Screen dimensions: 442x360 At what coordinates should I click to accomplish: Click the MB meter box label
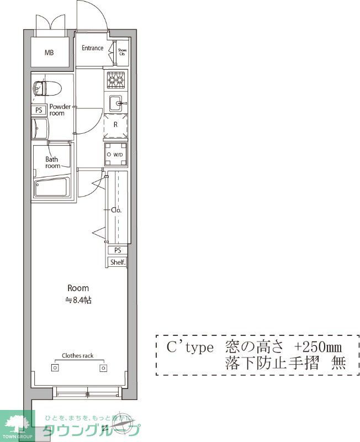[50, 53]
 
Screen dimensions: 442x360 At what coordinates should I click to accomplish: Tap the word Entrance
[92, 48]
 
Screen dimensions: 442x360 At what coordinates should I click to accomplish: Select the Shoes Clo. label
[122, 52]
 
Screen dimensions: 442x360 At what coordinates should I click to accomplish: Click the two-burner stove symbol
[115, 81]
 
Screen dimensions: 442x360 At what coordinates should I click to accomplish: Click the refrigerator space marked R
[115, 125]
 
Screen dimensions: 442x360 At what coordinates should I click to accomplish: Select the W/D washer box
[116, 155]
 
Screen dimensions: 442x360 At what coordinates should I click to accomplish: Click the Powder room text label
[60, 109]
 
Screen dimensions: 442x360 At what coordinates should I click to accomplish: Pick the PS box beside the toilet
[39, 110]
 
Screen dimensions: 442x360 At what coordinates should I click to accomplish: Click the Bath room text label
[52, 162]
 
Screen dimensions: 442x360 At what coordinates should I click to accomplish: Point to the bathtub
[50, 188]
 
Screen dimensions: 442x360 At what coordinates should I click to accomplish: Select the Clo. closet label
[116, 210]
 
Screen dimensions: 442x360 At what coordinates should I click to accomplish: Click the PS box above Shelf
[117, 250]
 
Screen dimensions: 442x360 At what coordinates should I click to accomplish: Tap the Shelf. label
[117, 263]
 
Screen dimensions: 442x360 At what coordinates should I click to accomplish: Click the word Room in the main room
[78, 288]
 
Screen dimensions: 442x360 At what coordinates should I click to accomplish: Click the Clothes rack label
[77, 356]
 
